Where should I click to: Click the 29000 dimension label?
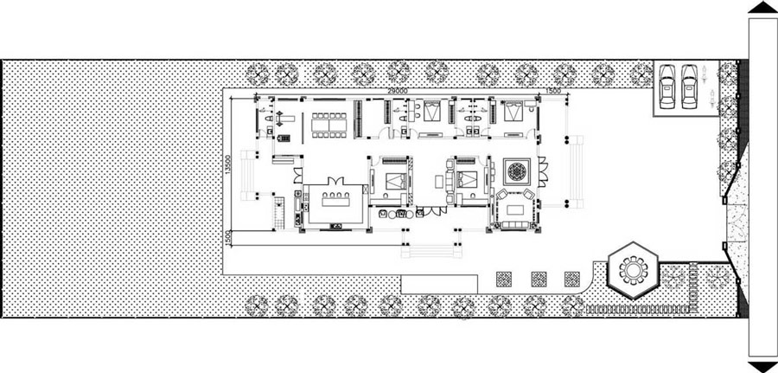[x=398, y=90]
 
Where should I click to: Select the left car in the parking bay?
[x=668, y=87]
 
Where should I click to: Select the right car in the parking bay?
[x=689, y=87]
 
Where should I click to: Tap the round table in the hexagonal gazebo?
[x=635, y=270]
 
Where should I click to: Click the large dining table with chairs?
[x=328, y=125]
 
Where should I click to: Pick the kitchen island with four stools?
[x=333, y=206]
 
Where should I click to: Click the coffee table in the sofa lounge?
[x=519, y=209]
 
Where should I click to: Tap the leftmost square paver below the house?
[x=502, y=279]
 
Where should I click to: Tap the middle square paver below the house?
[x=538, y=279]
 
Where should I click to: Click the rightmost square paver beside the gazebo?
[x=571, y=279]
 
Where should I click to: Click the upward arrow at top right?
[x=761, y=7]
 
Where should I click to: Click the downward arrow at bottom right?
[x=761, y=366]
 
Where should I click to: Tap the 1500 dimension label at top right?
[x=554, y=90]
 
